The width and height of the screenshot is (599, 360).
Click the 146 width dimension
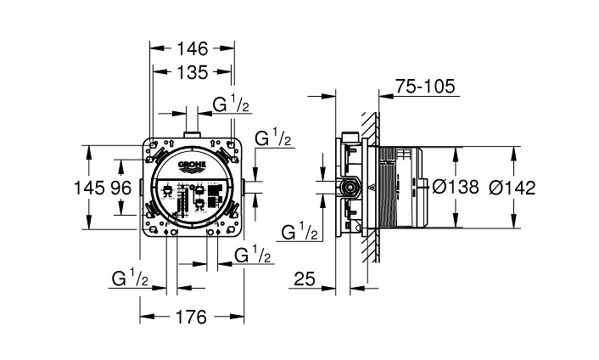(x=192, y=48)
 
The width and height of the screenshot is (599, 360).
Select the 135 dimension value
(x=192, y=72)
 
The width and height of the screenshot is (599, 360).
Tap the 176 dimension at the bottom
(x=191, y=317)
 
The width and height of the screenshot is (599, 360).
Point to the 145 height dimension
(x=88, y=188)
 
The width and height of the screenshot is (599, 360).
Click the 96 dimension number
(x=121, y=188)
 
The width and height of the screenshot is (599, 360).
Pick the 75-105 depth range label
(x=425, y=87)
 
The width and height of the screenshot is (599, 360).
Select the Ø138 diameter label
(x=456, y=187)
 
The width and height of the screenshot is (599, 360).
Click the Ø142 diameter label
(x=512, y=188)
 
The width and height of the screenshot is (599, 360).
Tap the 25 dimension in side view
(x=305, y=279)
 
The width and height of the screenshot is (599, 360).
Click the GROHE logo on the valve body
(x=192, y=166)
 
